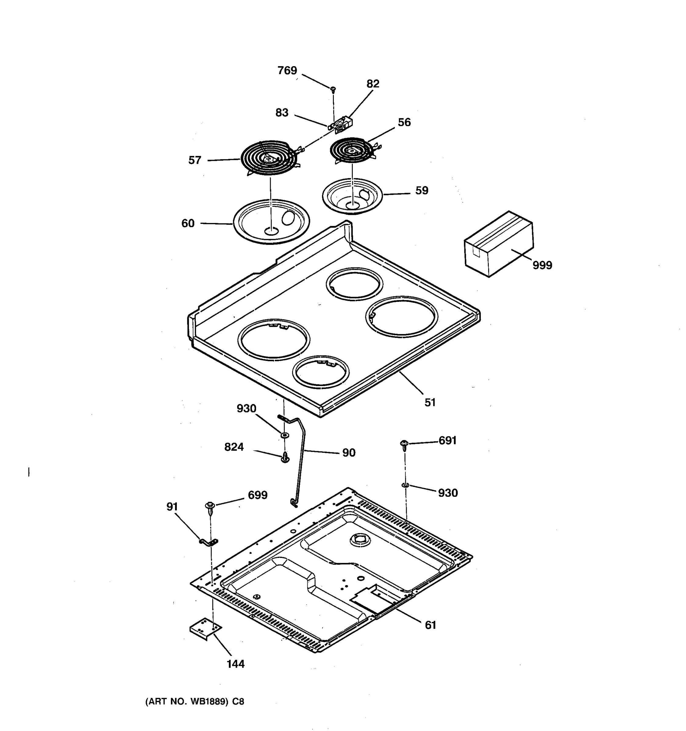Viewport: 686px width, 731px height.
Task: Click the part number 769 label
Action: tap(287, 71)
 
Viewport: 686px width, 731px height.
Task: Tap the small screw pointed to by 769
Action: tap(333, 89)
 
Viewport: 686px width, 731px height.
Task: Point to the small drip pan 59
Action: tap(352, 196)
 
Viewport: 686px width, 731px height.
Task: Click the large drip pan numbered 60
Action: tap(271, 221)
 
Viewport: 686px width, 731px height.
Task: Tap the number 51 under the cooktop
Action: tap(430, 403)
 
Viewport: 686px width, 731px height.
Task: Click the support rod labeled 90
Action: tap(300, 463)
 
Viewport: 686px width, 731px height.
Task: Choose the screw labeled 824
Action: tap(285, 458)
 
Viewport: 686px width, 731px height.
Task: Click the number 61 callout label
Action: tap(430, 625)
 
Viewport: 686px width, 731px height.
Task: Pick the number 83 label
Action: tap(282, 112)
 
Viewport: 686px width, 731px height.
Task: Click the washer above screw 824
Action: tap(284, 435)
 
